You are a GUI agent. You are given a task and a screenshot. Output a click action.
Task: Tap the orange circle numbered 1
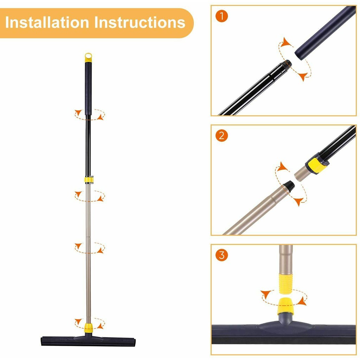(221, 16)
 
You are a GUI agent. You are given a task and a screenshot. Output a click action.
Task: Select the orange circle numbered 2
(221, 135)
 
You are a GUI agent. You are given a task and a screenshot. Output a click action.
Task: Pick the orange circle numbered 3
(221, 255)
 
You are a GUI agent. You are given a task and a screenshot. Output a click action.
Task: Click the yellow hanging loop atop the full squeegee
(88, 57)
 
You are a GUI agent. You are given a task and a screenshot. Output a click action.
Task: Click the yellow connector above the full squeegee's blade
(88, 328)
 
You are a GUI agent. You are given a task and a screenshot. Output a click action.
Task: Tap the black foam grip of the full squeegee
(88, 88)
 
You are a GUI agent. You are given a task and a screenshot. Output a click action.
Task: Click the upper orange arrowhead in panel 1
(287, 42)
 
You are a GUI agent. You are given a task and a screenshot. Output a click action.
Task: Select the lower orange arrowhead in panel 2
(298, 201)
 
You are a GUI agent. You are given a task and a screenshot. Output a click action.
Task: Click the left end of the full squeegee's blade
(41, 341)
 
